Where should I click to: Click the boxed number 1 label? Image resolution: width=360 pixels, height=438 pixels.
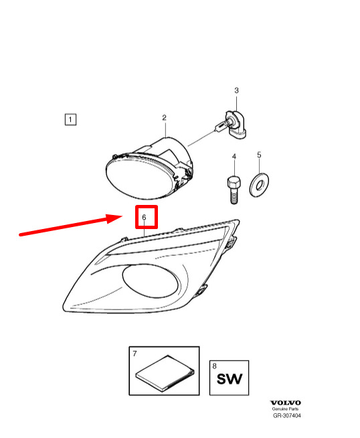70,120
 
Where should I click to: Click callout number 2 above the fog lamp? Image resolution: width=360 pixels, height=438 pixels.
165,118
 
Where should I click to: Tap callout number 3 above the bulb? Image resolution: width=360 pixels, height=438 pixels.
236,90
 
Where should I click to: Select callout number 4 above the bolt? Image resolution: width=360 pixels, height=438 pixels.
234,157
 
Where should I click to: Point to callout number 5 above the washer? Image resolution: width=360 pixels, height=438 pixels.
259,155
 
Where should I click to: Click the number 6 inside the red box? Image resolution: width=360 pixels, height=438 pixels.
144,217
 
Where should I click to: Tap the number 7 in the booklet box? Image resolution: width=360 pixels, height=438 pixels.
134,354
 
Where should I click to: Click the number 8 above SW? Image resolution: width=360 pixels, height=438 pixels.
214,366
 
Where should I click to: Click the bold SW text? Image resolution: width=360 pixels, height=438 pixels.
230,379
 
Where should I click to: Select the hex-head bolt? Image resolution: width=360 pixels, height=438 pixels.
234,190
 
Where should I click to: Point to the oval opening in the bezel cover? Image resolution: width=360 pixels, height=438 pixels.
150,281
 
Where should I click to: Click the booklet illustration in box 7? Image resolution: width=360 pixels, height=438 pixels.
165,372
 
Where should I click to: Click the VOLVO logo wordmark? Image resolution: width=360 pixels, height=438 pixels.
286,403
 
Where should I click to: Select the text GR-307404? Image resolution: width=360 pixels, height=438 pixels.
287,416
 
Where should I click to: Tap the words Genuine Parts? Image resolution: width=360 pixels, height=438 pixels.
286,409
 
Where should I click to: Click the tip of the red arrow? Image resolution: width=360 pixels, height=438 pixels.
122,216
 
